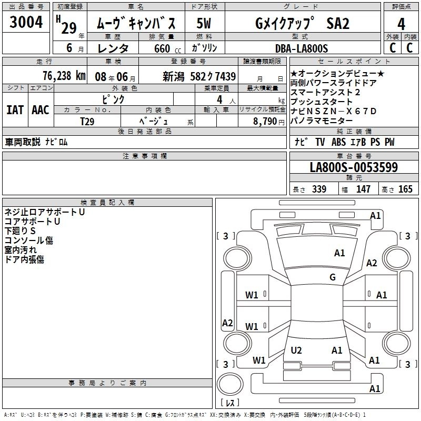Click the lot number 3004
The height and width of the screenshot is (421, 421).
pos(26,23)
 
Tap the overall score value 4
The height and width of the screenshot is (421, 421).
pos(402,24)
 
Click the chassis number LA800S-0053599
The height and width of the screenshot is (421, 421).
pos(354,167)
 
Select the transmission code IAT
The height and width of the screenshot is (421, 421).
pos(14,110)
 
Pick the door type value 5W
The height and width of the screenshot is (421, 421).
pos(204,24)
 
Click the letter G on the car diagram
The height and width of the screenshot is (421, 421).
pos(333,277)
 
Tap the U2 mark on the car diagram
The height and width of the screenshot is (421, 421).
pos(296,350)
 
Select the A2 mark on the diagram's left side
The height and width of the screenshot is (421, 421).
pos(227,323)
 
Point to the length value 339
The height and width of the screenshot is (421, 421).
pos(319,189)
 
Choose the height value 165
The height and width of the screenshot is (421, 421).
pos(405,189)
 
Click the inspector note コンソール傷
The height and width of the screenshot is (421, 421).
pos(29,240)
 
